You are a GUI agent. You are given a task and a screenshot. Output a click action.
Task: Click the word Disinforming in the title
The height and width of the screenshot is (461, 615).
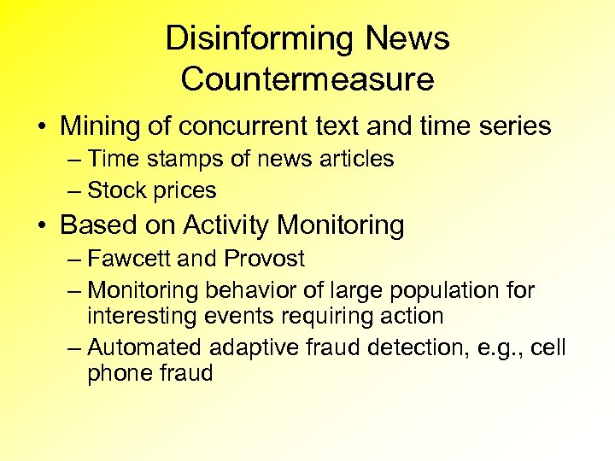pos(259,39)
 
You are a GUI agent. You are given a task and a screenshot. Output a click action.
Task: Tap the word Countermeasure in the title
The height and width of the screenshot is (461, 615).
pos(307,79)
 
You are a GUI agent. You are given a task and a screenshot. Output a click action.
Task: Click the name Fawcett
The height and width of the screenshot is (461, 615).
pos(131,258)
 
